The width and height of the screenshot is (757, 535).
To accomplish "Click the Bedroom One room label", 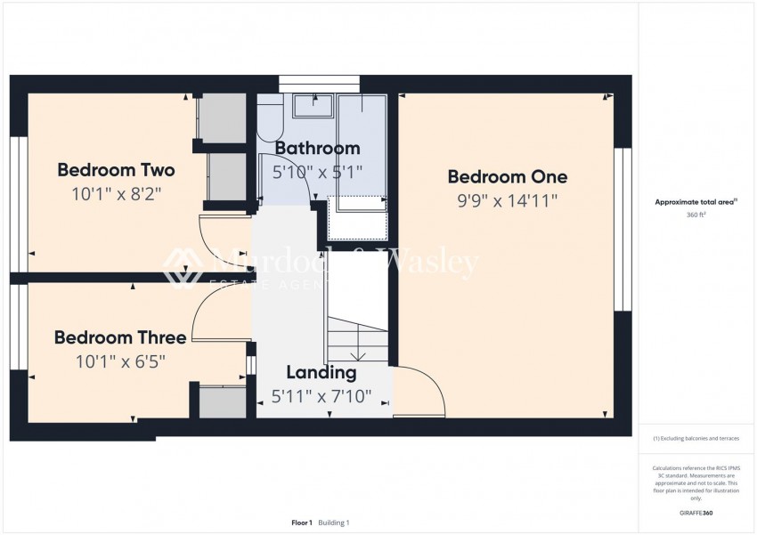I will point(507,176).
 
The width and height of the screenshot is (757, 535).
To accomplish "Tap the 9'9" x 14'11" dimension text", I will point(507,200).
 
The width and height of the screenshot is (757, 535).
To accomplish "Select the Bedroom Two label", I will point(116,169).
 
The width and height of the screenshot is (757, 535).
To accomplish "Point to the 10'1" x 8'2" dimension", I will point(116,193).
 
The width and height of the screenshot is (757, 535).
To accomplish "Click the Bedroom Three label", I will point(120,337).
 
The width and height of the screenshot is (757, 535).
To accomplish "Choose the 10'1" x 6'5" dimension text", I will point(120,361).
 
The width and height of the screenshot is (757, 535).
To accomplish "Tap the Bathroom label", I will point(317,148).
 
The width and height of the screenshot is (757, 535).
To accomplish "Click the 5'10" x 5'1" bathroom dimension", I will point(317,172).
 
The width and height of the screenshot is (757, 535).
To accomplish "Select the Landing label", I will point(321,372).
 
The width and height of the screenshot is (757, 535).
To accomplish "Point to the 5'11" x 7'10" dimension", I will point(321,396).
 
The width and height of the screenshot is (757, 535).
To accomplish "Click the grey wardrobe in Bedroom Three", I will point(222,401).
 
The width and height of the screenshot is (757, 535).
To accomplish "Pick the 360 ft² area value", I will point(696,215).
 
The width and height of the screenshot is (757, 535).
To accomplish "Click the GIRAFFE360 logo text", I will point(696,513).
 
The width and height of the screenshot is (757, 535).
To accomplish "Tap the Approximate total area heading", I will point(696,202).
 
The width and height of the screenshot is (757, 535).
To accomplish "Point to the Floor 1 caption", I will point(302,523).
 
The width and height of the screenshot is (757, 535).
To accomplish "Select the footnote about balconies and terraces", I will point(696,438).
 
